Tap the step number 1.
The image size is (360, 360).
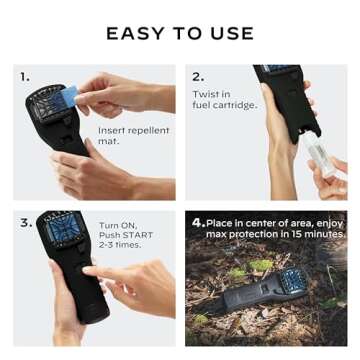point(24,77)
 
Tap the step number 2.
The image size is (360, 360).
point(197,77)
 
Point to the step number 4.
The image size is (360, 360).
point(198,222)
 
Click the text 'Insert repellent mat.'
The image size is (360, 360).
point(133,136)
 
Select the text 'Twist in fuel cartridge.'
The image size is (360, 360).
point(224,99)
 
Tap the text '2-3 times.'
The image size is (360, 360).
point(119,244)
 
